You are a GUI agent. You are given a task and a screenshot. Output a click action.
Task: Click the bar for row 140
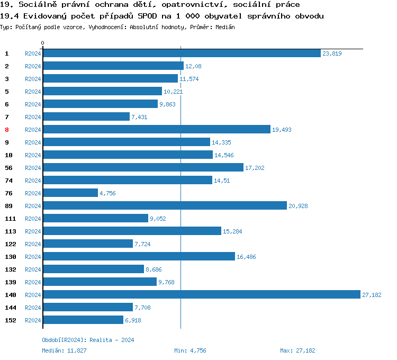201,295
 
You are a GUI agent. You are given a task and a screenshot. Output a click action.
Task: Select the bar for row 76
70,193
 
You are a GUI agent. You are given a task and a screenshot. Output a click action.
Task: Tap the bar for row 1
182,53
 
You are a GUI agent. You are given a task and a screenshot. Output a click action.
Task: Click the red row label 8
7,130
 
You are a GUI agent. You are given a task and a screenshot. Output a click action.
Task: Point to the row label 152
10,320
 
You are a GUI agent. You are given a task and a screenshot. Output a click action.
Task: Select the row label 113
10,231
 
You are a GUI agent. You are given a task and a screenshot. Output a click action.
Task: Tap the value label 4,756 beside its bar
107,193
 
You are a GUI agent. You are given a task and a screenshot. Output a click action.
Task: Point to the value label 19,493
282,130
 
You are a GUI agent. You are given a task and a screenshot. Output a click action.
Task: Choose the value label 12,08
193,66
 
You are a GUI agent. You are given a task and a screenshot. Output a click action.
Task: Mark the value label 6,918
133,320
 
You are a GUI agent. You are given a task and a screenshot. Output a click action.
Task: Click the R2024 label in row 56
33,168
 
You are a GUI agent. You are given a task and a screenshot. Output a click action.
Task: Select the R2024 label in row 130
33,257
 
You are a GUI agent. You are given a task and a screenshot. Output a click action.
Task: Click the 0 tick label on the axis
43,43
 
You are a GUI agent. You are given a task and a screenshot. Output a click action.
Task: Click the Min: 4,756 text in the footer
190,350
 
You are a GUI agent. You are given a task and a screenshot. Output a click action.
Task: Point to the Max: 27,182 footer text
297,350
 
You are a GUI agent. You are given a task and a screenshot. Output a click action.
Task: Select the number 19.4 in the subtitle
9,16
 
